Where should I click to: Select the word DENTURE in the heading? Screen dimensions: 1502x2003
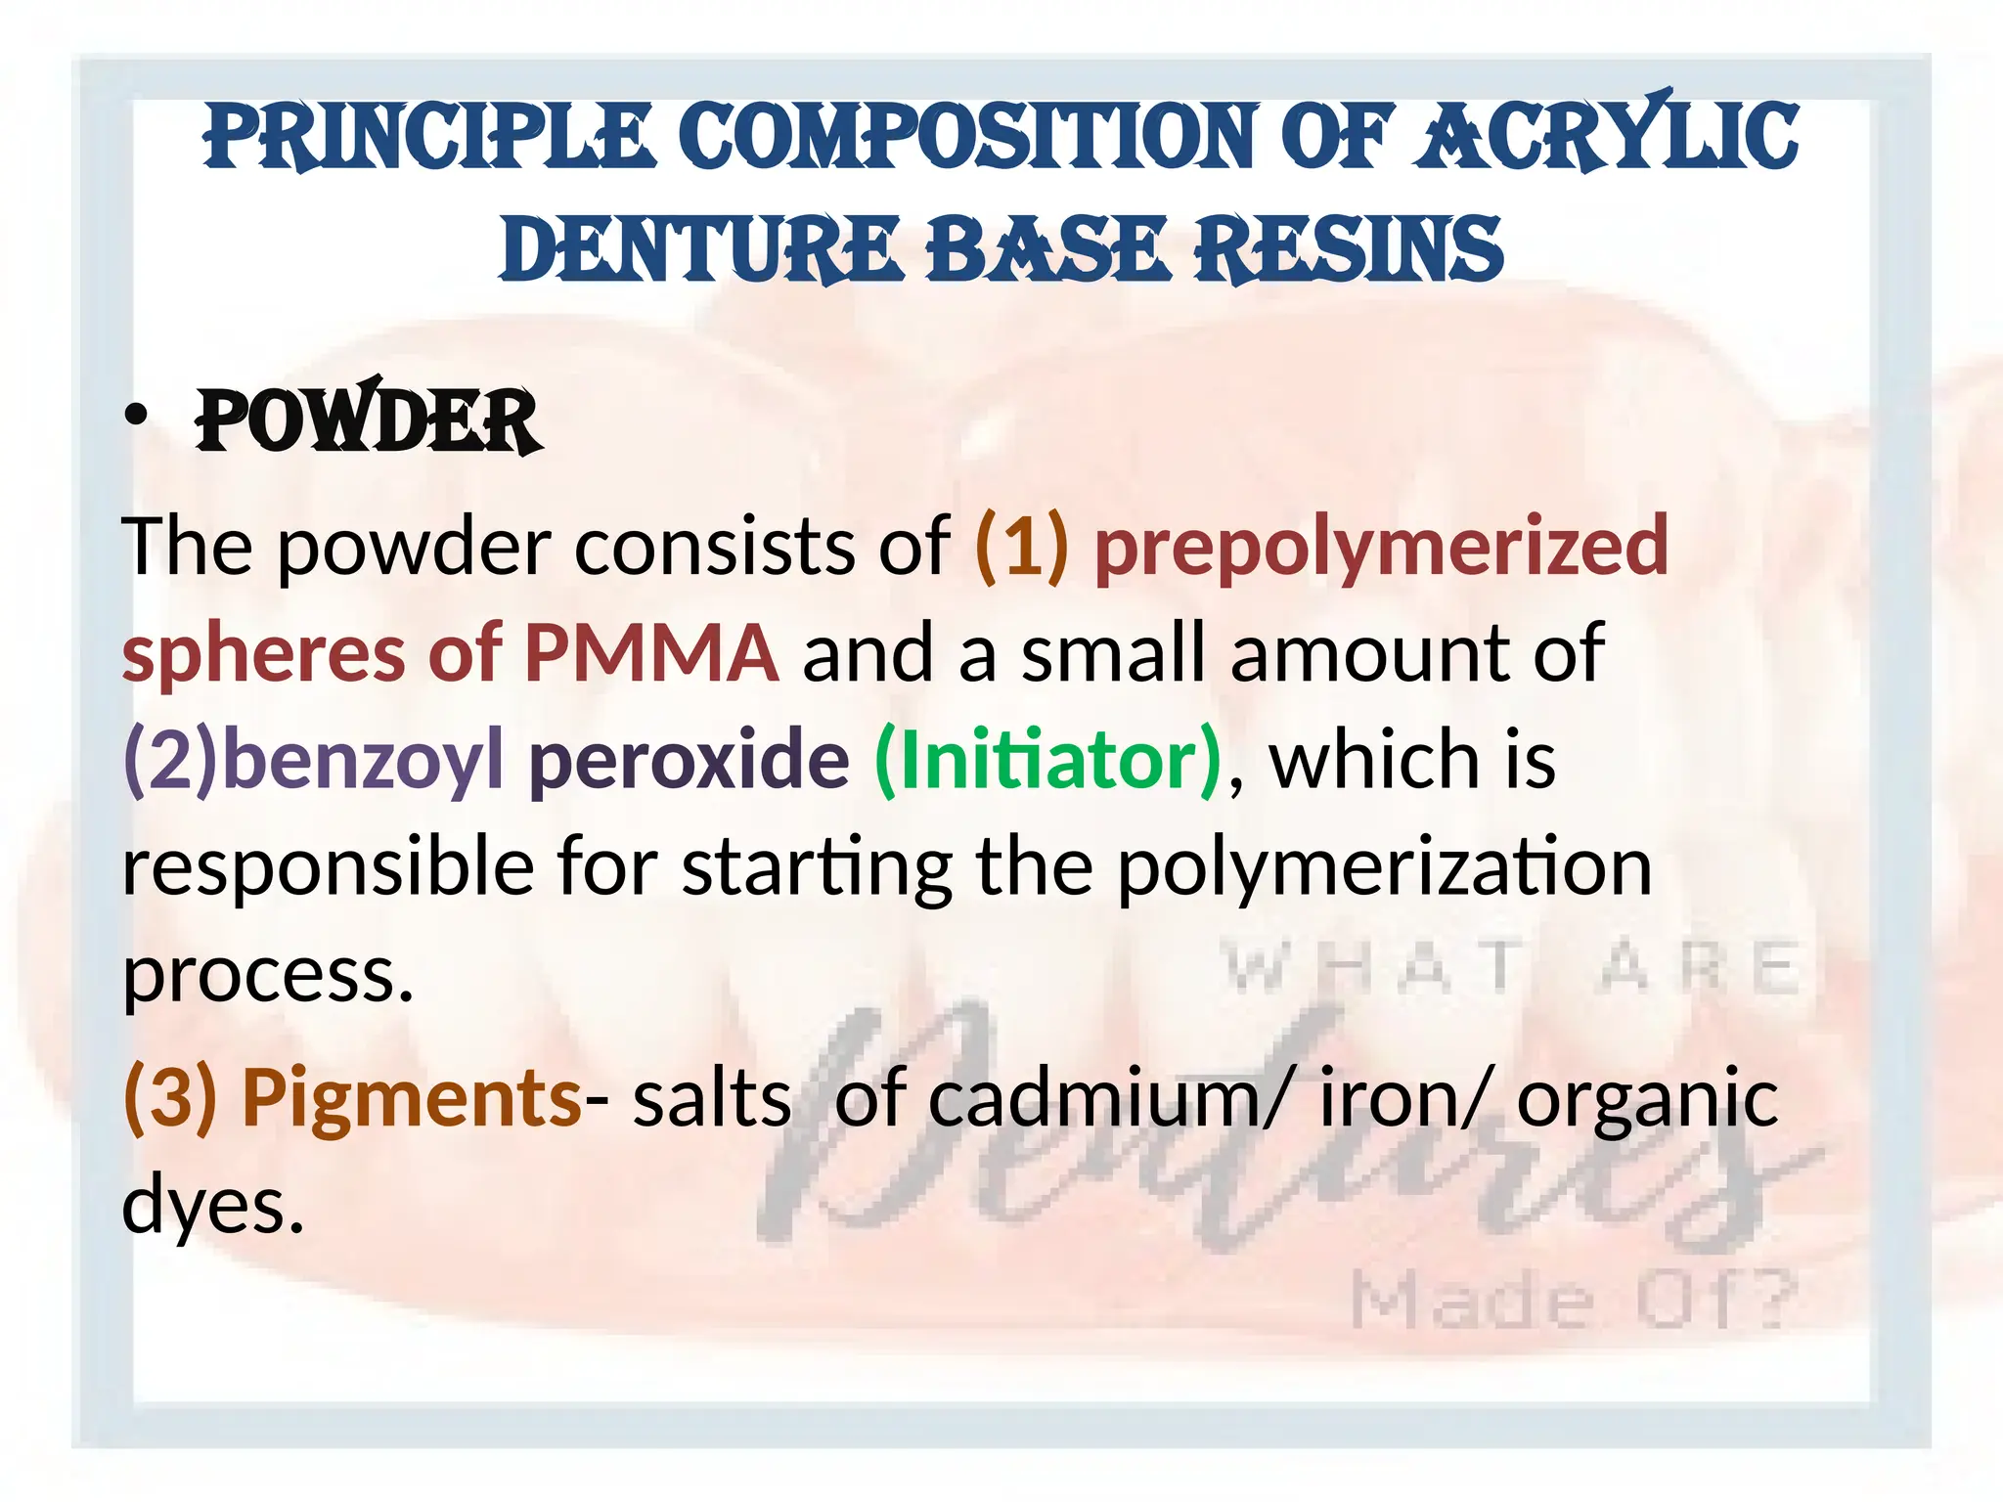tap(698, 250)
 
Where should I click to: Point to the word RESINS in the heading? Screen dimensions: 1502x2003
tap(1350, 250)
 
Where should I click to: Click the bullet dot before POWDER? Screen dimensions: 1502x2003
tap(136, 417)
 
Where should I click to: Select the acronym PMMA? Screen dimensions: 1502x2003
tap(651, 653)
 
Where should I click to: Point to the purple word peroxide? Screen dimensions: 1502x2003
tap(690, 761)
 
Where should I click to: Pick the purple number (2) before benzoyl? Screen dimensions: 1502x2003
tap(172, 761)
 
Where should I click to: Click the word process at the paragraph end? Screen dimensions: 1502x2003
tap(267, 976)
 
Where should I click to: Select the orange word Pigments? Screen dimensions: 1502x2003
tap(412, 1097)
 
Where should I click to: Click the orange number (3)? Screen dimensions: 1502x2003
tap(170, 1097)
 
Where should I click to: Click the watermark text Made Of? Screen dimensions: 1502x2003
tap(1574, 1301)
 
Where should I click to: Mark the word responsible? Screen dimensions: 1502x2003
tap(328, 868)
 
